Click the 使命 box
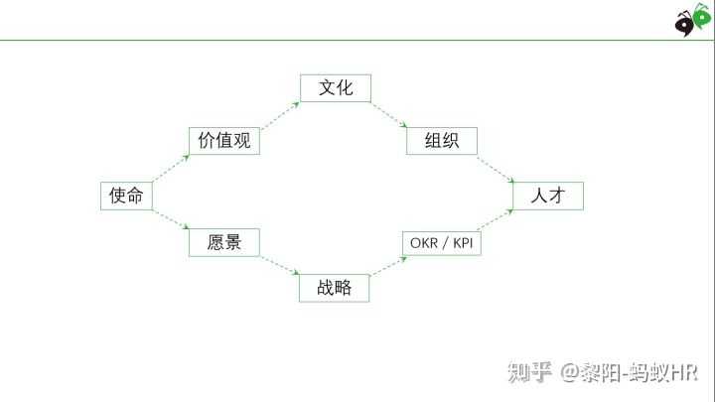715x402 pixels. [x=127, y=196]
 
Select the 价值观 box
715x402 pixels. [x=223, y=141]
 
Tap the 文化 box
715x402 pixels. [x=335, y=87]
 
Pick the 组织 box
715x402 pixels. [x=442, y=141]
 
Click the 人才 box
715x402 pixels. [x=547, y=196]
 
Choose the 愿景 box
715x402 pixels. [x=223, y=242]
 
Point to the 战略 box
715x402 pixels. [x=335, y=288]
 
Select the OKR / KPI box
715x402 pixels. [x=442, y=242]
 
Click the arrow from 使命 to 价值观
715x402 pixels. [x=171, y=169]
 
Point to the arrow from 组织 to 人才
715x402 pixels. [x=495, y=169]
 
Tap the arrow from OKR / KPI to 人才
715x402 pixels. [x=497, y=220]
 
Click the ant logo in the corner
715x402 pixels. [x=693, y=19]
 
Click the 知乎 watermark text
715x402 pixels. [x=529, y=372]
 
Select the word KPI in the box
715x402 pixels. [x=463, y=242]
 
